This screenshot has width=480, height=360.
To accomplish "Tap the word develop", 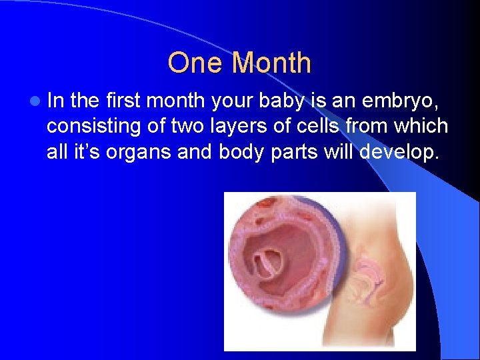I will point(399,151).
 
